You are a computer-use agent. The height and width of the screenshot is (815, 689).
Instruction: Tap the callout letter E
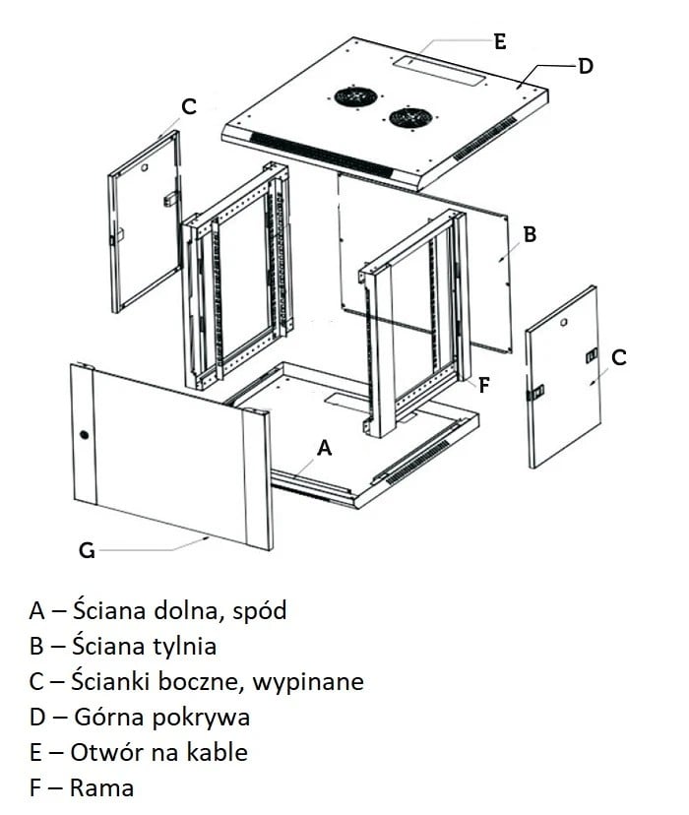(499, 41)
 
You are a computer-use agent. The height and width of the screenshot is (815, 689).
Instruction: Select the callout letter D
(585, 66)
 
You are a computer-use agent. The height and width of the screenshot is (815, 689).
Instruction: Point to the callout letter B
(529, 235)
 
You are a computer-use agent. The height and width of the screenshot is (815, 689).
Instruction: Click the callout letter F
(483, 385)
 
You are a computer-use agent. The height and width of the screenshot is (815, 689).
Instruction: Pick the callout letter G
(87, 550)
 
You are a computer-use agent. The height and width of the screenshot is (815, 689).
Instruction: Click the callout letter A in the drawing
(325, 447)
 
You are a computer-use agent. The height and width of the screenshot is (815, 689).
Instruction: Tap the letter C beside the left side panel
(189, 106)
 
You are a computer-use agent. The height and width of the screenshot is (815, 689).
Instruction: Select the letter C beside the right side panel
(618, 357)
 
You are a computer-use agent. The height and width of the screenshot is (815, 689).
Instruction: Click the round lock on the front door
(84, 435)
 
